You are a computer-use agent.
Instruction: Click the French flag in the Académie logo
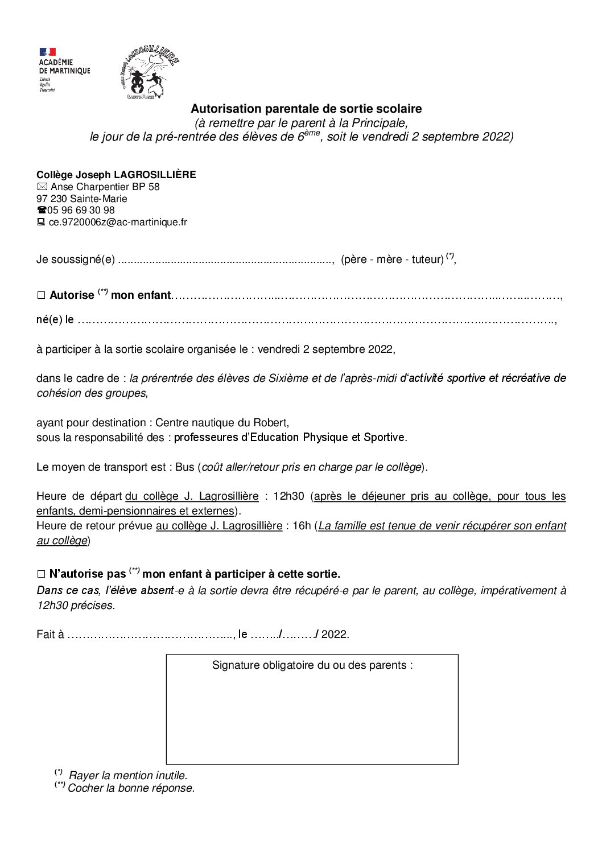[x=47, y=52]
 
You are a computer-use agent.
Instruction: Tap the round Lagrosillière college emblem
[x=150, y=73]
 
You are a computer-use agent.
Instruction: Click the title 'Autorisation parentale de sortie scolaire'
[x=306, y=108]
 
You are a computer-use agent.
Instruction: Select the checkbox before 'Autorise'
[x=41, y=295]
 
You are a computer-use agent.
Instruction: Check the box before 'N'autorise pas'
[x=41, y=574]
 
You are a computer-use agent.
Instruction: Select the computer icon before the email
[x=41, y=222]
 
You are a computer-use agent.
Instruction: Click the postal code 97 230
[x=52, y=199]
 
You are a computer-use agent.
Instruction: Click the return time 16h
[x=301, y=526]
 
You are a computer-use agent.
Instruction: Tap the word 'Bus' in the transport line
[x=185, y=467]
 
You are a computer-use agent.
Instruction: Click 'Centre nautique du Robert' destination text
[x=221, y=422]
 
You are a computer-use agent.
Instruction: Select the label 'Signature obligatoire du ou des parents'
[x=312, y=665]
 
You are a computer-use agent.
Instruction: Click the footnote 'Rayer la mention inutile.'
[x=128, y=775]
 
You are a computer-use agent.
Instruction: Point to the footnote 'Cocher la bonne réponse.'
[x=131, y=788]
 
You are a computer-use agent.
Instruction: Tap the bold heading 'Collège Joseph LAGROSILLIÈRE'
[x=116, y=175]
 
